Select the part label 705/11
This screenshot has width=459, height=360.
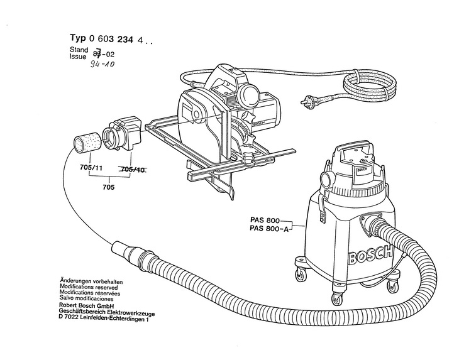pyautogui.click(x=91, y=169)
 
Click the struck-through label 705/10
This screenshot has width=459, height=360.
pyautogui.click(x=133, y=169)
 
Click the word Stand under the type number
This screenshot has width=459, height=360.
pyautogui.click(x=78, y=48)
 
